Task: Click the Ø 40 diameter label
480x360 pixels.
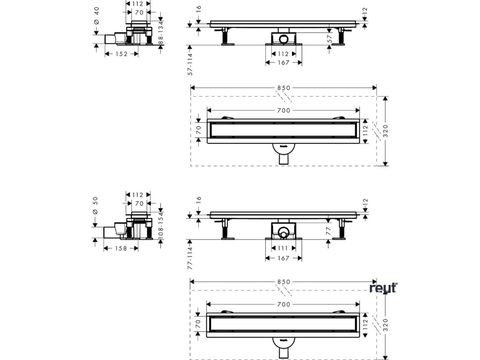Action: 96,22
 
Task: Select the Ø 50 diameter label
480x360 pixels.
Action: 96,206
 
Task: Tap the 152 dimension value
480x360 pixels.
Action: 121,54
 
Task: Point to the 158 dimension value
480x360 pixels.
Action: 121,248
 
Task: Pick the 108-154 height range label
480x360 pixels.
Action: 161,225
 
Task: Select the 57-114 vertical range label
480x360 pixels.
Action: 190,63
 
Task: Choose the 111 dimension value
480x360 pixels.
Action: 284,248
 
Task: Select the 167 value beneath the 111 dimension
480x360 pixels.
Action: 284,258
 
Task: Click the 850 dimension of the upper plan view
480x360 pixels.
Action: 284,88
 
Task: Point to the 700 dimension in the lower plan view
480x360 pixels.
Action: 284,304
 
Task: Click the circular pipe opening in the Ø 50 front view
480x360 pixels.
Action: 283,231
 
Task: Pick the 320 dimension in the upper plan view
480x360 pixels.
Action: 385,132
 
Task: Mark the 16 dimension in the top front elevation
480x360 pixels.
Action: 198,8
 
